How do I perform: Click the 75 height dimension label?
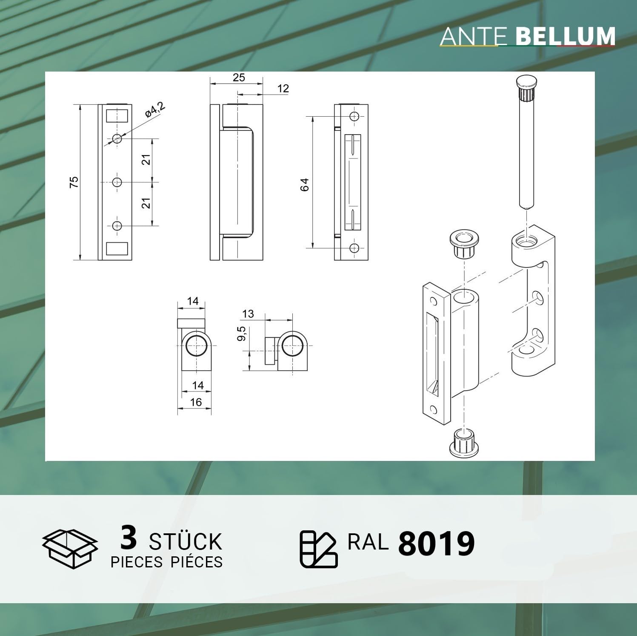pos(74,182)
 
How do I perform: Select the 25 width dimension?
pos(239,77)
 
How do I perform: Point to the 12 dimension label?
pos(283,89)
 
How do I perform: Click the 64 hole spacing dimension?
pos(304,184)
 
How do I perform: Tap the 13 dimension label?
pos(248,314)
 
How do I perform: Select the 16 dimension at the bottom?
pos(196,402)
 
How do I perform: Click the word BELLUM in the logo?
pos(566,37)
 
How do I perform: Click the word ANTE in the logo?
pos(473,37)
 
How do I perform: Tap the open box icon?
pos(70,549)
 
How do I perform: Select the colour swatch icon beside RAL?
pos(318,549)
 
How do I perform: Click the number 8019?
pos(436,544)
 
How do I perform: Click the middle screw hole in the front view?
pos(117,182)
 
